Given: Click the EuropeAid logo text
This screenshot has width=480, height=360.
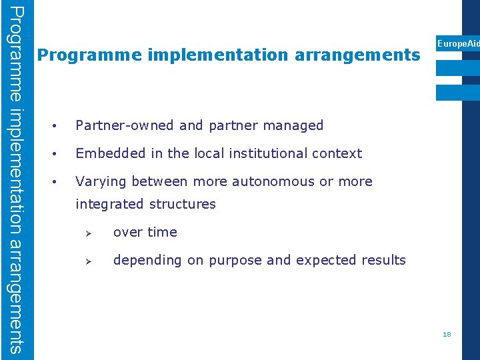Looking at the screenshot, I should click(x=458, y=43).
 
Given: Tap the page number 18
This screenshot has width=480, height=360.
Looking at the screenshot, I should click(x=447, y=334).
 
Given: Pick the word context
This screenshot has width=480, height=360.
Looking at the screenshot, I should click(x=337, y=153).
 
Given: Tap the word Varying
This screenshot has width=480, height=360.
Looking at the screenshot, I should click(x=101, y=181).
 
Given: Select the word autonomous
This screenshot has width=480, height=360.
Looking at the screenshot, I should click(x=273, y=181).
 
